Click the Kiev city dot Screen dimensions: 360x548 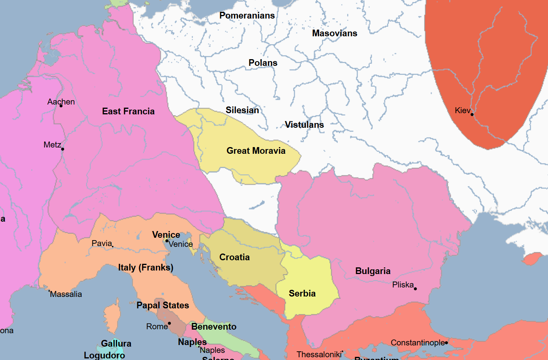coord(472,114)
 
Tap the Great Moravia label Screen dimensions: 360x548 coord(256,151)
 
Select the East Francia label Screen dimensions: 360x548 coord(128,111)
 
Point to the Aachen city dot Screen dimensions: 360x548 coord(61,106)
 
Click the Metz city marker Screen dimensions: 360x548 coord(63,149)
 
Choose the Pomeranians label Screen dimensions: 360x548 coord(247,15)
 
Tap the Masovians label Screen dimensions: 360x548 coord(335,33)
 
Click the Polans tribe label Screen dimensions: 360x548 coord(263,63)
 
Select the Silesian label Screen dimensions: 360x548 coord(242,110)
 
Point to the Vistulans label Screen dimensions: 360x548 coord(304,125)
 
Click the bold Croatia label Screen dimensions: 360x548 coord(234,257)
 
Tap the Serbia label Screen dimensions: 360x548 coord(302,293)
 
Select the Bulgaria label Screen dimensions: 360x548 coord(373,271)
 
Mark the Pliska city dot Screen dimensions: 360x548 coord(415,289)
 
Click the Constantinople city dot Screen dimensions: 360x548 coord(446,343)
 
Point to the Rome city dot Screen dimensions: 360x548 coord(169,323)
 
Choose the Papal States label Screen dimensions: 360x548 coord(163,305)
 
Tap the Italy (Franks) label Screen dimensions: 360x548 coord(146,267)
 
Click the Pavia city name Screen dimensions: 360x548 coord(102,243)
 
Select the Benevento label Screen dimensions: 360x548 coord(214,326)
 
